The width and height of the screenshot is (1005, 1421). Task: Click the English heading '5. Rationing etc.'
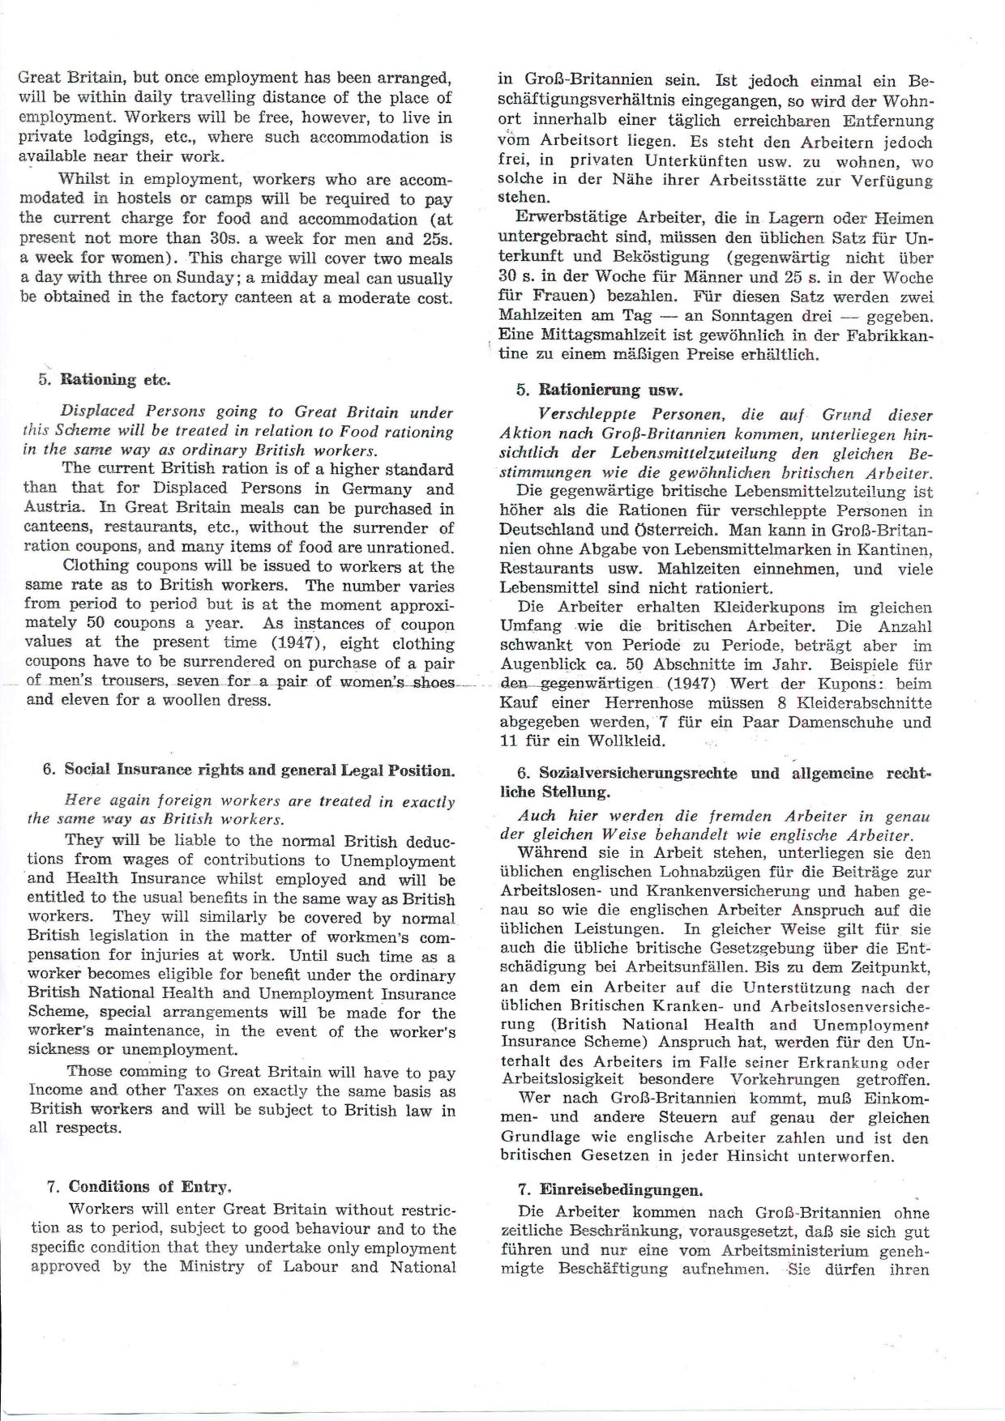point(105,379)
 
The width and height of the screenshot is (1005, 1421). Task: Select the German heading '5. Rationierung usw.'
point(599,390)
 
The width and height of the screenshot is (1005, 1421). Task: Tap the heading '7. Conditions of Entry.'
point(139,1187)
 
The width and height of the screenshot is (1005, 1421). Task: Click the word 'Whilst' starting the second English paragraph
point(85,179)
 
